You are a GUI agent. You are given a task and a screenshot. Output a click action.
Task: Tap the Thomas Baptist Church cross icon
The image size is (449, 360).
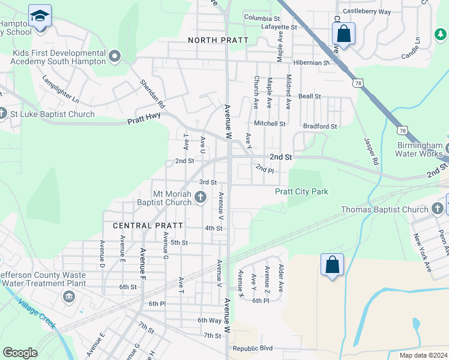(x=438, y=209)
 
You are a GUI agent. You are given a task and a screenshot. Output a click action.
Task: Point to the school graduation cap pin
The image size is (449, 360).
(x=40, y=16)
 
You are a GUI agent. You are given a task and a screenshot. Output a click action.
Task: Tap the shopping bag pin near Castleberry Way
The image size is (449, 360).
(x=343, y=34)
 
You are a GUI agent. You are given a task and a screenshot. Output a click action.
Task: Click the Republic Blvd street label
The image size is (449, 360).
(x=253, y=348)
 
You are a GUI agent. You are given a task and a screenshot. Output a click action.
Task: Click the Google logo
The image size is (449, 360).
(x=20, y=353)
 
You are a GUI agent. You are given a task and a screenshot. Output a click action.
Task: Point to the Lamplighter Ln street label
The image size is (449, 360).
(x=61, y=88)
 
